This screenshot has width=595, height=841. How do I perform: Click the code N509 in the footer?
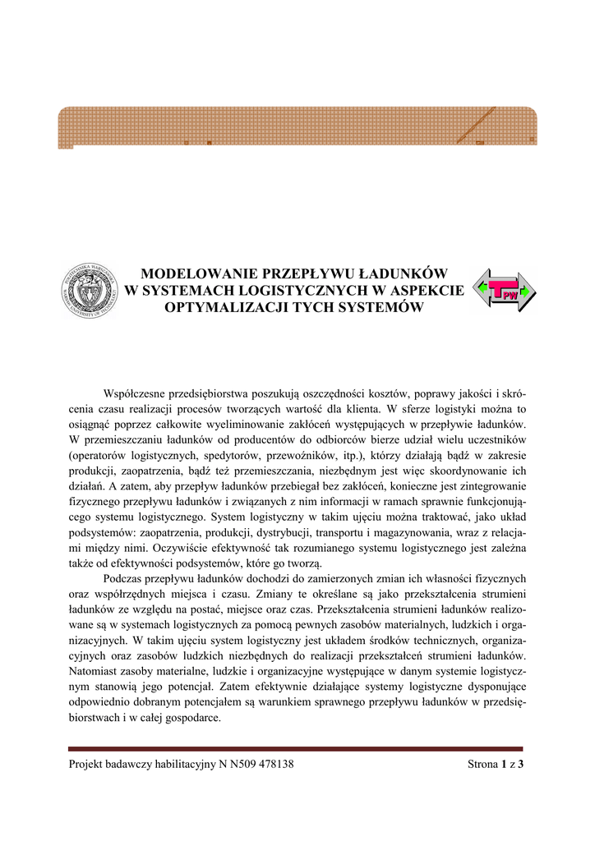point(235,765)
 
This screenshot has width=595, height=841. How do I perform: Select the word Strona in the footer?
point(482,765)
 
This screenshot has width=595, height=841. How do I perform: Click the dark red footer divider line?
point(297,748)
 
